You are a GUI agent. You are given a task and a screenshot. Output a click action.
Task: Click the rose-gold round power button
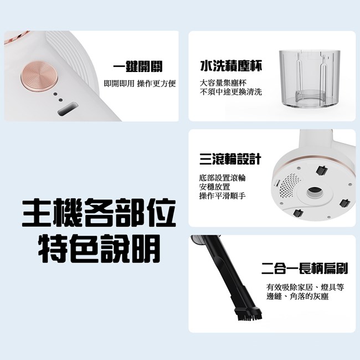(x=39, y=77)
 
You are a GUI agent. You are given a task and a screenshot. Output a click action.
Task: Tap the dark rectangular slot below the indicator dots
(x=68, y=109)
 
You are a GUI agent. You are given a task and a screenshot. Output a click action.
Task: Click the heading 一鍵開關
(x=138, y=66)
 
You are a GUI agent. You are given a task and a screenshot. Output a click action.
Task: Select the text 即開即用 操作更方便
(x=140, y=84)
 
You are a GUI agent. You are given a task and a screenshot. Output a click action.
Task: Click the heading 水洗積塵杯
(x=231, y=66)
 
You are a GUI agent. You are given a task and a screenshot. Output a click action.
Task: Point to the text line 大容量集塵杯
(x=223, y=83)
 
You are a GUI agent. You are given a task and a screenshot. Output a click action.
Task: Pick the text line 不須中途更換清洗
(x=231, y=92)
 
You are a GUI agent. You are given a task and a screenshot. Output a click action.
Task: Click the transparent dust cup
(x=310, y=79)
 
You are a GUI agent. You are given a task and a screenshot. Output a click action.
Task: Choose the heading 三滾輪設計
(x=230, y=159)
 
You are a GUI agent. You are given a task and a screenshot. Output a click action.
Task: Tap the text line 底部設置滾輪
(x=223, y=178)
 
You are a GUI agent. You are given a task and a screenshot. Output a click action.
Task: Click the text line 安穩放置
(x=215, y=187)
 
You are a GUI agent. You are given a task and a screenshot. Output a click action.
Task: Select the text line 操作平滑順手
(x=223, y=196)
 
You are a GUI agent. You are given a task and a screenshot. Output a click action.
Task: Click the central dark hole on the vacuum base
(x=315, y=191)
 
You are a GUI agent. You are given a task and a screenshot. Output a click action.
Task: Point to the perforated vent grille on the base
(x=289, y=186)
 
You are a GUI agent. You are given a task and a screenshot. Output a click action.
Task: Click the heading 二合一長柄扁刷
(x=305, y=269)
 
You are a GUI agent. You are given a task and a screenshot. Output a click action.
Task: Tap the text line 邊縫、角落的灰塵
(x=297, y=297)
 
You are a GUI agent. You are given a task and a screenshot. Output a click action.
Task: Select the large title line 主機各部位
(x=99, y=213)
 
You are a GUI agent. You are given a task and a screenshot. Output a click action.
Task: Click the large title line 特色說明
(x=99, y=249)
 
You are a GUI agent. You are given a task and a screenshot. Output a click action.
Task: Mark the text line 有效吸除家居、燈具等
(x=305, y=287)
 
